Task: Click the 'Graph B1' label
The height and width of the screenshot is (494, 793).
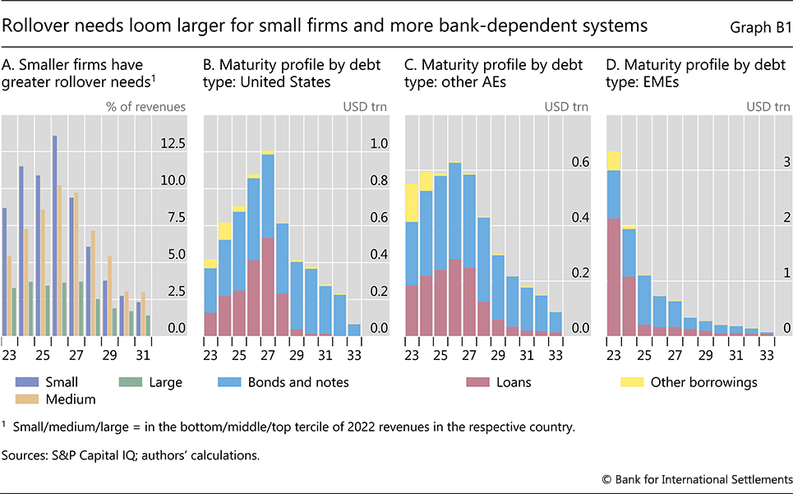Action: click(x=759, y=27)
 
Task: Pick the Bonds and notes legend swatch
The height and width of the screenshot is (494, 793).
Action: click(x=227, y=382)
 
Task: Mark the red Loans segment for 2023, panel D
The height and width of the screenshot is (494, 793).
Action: click(x=613, y=276)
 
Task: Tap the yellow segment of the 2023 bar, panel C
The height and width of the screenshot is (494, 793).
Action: click(x=412, y=202)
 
